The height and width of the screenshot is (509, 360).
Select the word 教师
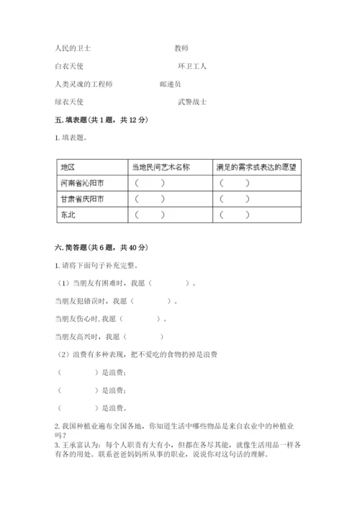click(181, 48)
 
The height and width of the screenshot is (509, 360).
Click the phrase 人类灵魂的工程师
click(84, 84)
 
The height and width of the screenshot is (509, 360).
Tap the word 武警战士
click(192, 102)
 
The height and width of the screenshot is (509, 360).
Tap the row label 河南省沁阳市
click(81, 183)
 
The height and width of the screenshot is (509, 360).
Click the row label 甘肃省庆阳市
click(81, 199)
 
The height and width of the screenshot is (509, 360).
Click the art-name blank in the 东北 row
click(150, 215)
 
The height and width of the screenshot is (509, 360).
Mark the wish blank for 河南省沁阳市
click(235, 183)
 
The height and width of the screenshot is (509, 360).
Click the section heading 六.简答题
click(77, 248)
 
